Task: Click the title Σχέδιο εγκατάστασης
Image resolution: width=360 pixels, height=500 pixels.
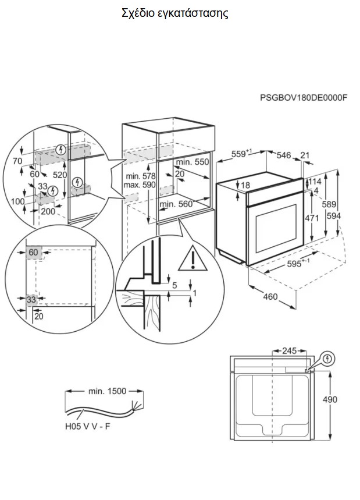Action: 175,13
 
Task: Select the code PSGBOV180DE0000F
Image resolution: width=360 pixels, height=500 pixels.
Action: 304,97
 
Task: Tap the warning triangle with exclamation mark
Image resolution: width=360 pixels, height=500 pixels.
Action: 193,258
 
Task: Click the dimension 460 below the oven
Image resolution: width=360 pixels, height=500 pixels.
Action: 270,296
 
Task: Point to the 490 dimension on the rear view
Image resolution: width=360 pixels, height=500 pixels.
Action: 330,399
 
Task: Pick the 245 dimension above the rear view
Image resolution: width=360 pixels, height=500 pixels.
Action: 289,351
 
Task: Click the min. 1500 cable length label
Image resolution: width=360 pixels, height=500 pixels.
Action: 108,391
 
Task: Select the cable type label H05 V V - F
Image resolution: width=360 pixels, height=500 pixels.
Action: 88,426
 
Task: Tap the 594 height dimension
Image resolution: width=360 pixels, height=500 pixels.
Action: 334,216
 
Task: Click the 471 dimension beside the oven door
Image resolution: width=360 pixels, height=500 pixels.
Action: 312,218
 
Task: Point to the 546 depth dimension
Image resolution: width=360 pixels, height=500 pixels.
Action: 284,155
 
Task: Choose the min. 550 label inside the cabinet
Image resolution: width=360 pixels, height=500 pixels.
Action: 193,162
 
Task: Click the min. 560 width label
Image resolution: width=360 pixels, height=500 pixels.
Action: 176,204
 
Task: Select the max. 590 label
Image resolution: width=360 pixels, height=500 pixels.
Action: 140,185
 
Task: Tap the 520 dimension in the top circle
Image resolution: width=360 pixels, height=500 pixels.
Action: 60,175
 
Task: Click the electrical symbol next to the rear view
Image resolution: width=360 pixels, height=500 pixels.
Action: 327,359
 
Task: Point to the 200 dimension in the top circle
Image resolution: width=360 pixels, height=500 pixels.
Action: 48,211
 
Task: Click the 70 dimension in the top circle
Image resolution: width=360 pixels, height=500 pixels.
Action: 17,161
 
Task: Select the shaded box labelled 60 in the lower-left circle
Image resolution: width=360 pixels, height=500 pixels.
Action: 34,253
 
